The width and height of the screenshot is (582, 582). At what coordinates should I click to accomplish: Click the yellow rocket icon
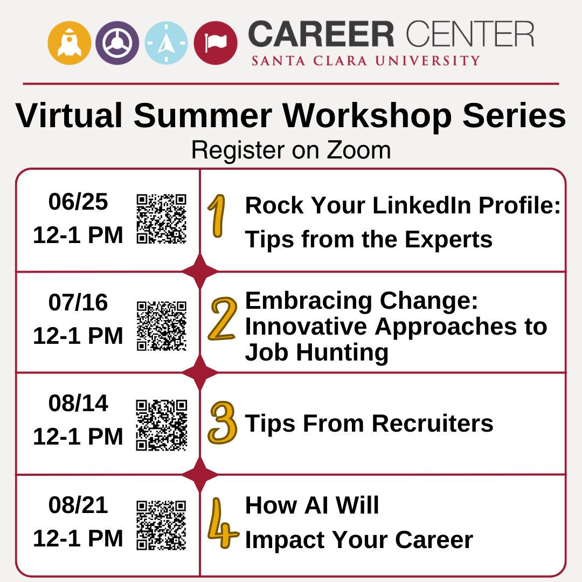(x=69, y=43)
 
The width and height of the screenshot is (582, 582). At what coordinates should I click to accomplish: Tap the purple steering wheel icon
(x=117, y=43)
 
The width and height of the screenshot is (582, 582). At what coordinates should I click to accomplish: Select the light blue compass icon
(x=166, y=43)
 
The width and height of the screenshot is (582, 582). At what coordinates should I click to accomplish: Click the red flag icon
(x=216, y=43)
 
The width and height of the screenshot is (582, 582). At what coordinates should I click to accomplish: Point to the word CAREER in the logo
(x=322, y=35)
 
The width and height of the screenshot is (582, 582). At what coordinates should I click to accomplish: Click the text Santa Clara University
(x=365, y=60)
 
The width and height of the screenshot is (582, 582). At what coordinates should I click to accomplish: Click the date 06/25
(x=78, y=202)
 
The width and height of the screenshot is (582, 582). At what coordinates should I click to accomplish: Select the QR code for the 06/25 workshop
(x=161, y=218)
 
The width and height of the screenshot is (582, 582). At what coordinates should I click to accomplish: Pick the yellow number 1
(x=217, y=217)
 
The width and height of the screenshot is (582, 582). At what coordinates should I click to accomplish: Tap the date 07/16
(x=78, y=303)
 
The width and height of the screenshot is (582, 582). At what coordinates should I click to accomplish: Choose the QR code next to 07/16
(x=161, y=325)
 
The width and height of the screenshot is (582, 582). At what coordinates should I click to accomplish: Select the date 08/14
(x=78, y=404)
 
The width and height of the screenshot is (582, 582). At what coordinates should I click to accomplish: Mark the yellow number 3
(x=222, y=423)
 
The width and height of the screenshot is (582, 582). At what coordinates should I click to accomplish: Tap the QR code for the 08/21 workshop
(x=161, y=525)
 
